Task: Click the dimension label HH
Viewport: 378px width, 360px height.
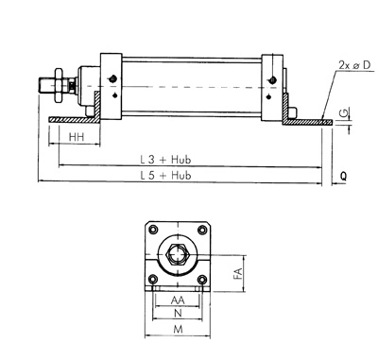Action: click(77, 137)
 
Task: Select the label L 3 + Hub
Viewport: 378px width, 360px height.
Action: click(165, 160)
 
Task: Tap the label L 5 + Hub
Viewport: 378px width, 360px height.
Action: click(165, 175)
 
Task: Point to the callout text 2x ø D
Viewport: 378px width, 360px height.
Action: click(354, 65)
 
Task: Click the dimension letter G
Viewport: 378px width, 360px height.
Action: click(346, 113)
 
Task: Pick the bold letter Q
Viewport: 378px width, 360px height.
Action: click(343, 176)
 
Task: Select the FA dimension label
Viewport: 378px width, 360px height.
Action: click(238, 273)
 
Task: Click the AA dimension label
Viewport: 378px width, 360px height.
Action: click(178, 300)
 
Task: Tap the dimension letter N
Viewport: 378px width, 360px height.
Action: click(178, 313)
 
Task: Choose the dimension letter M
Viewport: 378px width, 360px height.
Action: click(179, 330)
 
